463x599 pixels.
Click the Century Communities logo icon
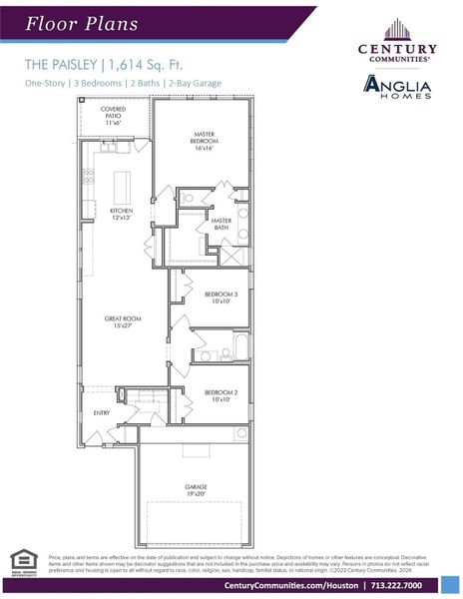pos(396,30)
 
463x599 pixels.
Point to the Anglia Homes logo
pos(396,87)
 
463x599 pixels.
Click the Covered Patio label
pos(114,115)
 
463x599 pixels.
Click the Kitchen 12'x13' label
pos(122,214)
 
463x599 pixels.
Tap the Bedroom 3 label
pos(221,298)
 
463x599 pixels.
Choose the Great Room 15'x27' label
pos(121,321)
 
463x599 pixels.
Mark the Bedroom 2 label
pos(221,396)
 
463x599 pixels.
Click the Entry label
pos(102,411)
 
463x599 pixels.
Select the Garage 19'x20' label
pos(196,491)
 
